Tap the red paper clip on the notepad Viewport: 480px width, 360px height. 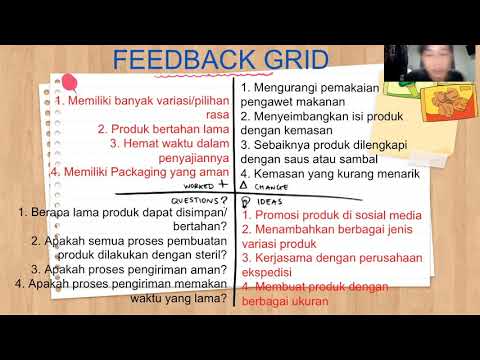pos(70,82)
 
